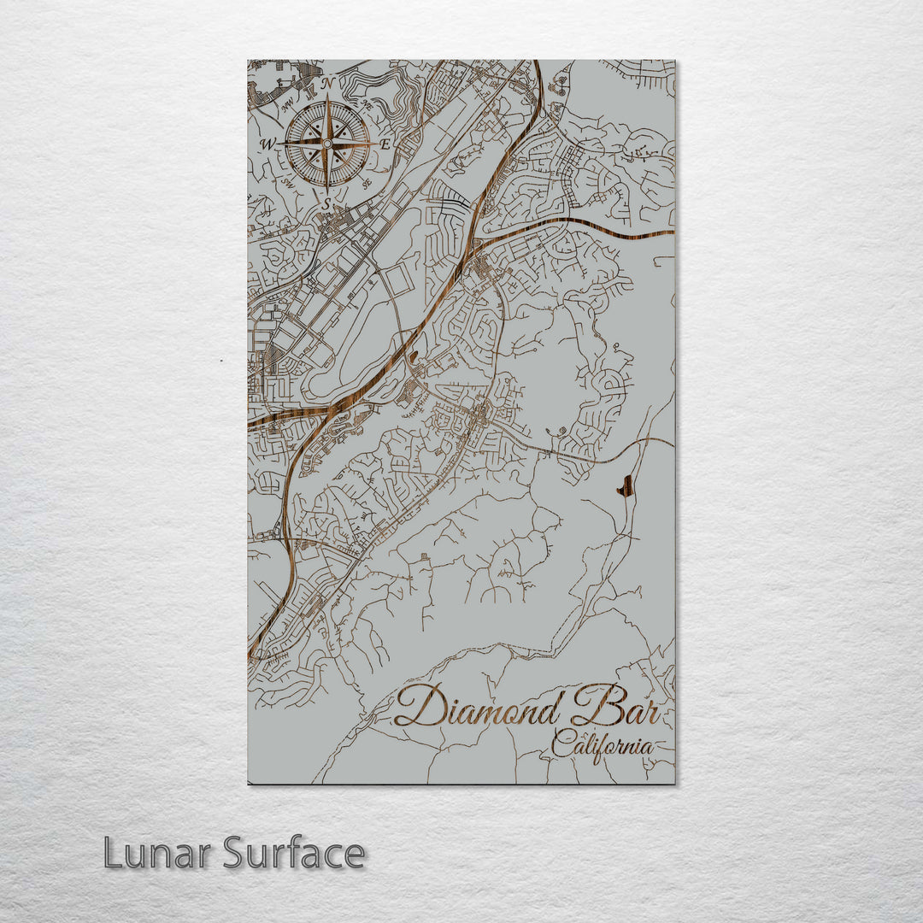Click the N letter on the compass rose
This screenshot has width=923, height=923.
[326, 84]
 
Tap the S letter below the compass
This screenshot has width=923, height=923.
[326, 204]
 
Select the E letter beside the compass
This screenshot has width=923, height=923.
[385, 144]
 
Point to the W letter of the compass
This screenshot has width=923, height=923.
[268, 144]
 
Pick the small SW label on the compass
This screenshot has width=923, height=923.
[288, 183]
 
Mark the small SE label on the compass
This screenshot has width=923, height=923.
[366, 182]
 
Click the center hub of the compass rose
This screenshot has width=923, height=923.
[326, 144]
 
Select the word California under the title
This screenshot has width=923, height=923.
[602, 746]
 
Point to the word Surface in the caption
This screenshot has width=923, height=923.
[294, 853]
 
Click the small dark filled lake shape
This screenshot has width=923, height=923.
[626, 486]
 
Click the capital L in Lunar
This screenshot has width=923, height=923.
[111, 853]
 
